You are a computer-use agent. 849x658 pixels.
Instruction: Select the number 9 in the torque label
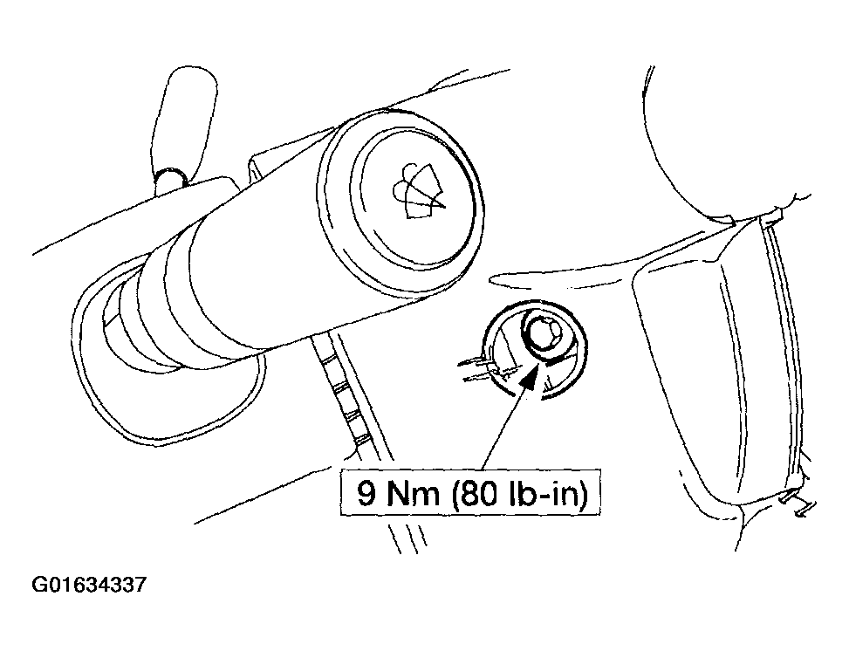(367, 493)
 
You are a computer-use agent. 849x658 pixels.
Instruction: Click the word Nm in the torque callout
(413, 493)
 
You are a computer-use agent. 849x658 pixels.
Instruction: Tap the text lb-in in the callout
(543, 493)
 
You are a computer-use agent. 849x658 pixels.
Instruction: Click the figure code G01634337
(89, 586)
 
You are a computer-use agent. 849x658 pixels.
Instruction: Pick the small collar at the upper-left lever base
(170, 179)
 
